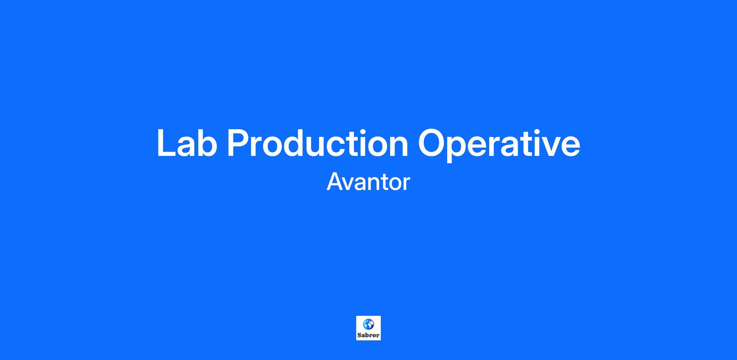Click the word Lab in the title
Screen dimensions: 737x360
187,143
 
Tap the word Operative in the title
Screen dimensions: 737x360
499,145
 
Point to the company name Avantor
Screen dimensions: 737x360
368,182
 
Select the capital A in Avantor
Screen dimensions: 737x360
335,181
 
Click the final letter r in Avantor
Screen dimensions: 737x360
406,184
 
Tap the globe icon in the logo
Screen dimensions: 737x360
368,324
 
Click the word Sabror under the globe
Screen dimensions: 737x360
368,335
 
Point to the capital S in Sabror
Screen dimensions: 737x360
360,335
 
